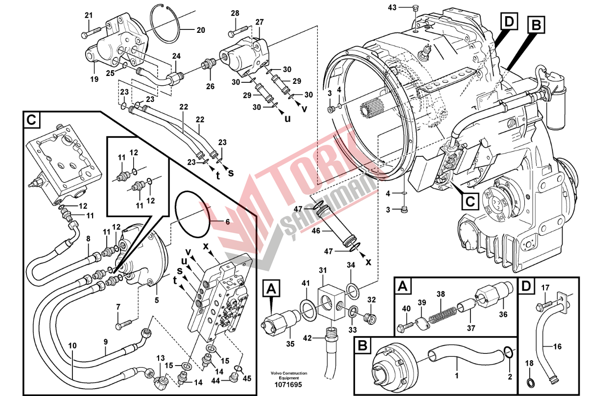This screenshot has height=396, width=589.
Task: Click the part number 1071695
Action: [288, 384]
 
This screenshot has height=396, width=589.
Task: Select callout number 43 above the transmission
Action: [392, 7]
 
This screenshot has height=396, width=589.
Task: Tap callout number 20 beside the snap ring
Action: [200, 30]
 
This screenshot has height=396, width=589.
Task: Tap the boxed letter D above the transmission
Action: [509, 22]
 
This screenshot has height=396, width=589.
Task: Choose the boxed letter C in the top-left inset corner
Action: [31, 119]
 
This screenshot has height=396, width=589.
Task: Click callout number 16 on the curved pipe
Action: [557, 346]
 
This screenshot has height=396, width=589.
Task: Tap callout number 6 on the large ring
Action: [227, 222]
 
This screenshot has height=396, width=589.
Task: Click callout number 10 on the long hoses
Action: [72, 346]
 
